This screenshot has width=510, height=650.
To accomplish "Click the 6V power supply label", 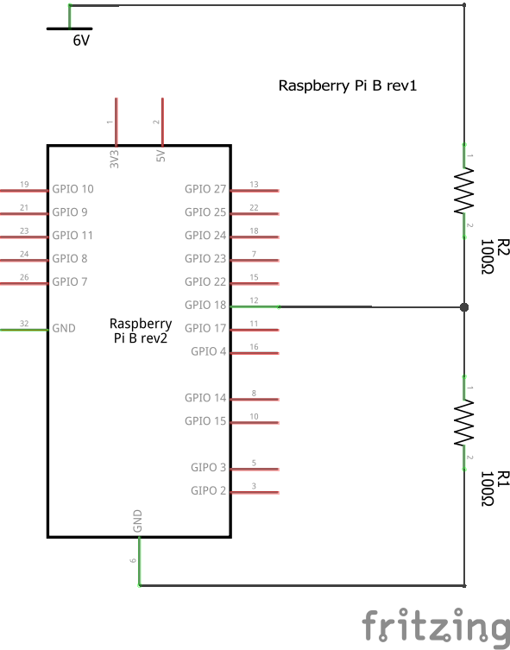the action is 81,41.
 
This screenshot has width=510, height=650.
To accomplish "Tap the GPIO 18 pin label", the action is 205,305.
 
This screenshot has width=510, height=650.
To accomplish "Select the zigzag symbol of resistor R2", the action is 464,191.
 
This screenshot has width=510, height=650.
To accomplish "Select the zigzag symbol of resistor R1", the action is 464,423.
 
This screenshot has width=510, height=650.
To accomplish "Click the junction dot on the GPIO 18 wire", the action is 464,307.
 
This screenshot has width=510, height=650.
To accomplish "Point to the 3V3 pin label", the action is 115,159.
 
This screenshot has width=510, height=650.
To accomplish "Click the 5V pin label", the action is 161,156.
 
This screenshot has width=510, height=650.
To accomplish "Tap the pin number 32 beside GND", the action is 24,324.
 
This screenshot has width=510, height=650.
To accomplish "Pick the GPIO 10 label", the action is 72,189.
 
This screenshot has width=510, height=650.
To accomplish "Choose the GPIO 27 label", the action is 205,189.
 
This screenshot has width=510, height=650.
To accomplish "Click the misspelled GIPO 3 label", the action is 208,468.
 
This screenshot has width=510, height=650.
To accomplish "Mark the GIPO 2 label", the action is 208,491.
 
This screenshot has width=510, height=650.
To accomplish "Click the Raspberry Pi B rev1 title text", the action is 347,85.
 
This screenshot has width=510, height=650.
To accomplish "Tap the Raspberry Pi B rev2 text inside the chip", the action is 141,331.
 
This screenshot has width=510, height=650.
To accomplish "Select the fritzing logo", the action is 436,626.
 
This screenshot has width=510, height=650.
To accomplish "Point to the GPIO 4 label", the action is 208,351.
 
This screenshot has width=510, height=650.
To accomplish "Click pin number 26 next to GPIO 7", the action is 24,277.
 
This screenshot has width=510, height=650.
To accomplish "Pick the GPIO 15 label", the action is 205,421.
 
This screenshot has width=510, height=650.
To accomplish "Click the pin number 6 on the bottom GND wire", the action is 133,560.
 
